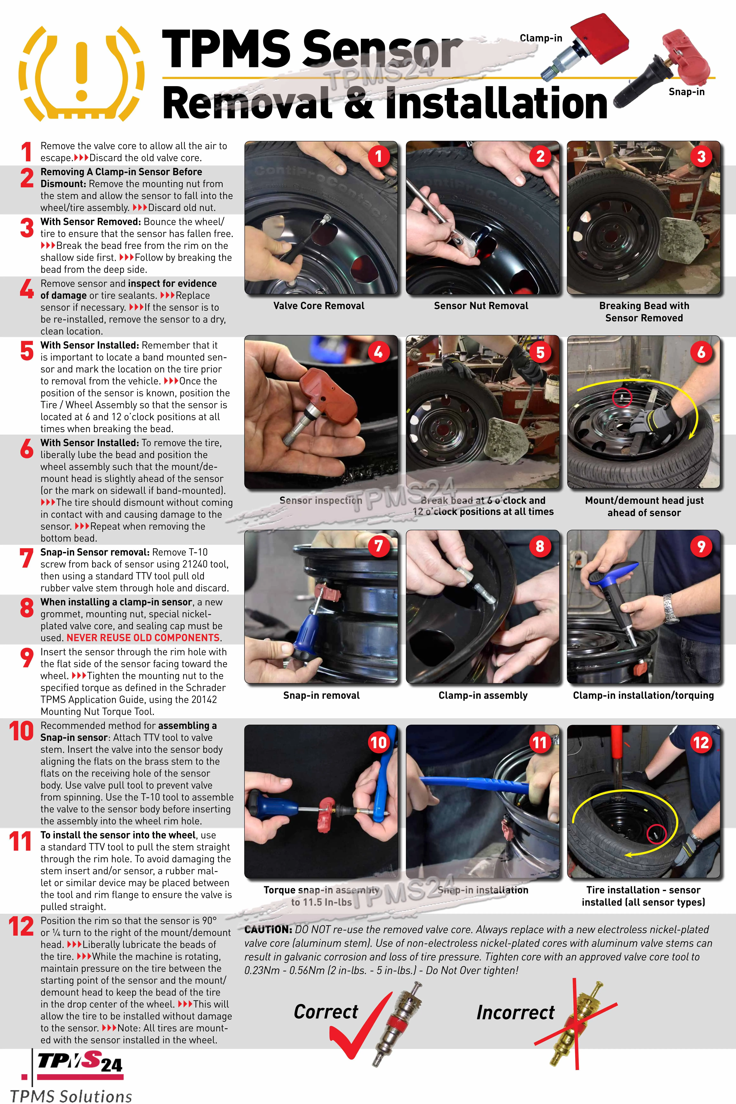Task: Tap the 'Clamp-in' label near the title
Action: click(x=541, y=38)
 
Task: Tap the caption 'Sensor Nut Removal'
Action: click(x=481, y=306)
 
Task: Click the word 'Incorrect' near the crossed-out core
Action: click(x=515, y=1012)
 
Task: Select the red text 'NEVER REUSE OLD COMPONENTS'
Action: click(x=143, y=637)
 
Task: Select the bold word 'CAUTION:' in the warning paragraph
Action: click(x=268, y=929)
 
